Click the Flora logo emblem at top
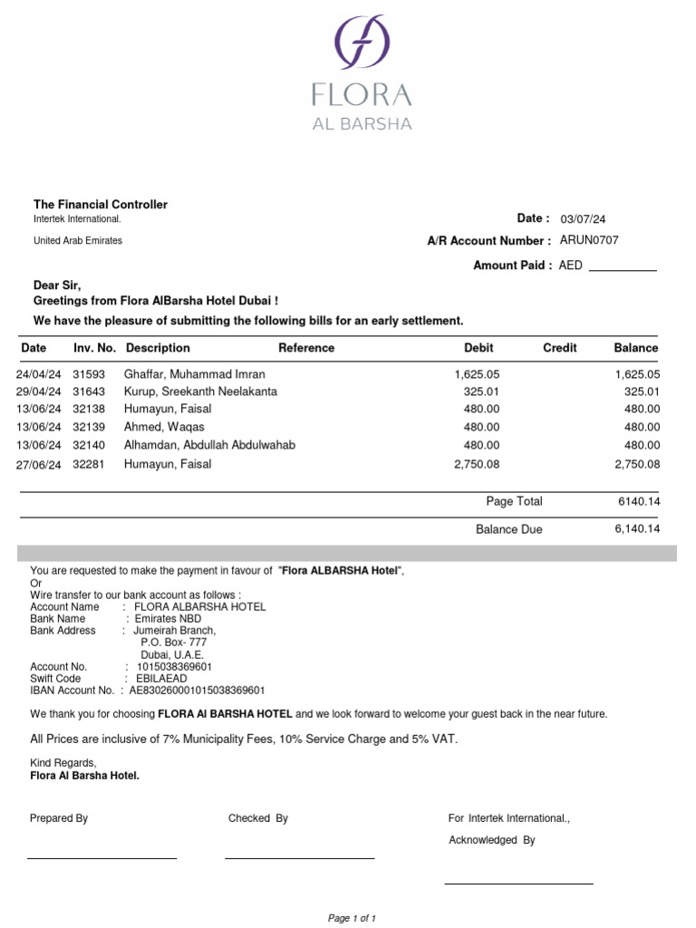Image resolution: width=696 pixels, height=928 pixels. point(362,43)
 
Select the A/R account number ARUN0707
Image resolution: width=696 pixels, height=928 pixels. point(590,240)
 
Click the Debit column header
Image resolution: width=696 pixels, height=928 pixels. point(478,348)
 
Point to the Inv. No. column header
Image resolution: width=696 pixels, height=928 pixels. point(94,348)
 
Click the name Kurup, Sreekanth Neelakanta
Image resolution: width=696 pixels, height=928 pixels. point(200,391)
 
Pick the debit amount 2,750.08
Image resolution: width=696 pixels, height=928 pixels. point(477,464)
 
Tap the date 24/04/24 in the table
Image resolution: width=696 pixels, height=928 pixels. point(39,374)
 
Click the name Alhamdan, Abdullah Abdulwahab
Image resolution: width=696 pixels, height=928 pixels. point(209,445)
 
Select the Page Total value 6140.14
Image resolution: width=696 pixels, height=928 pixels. point(638,502)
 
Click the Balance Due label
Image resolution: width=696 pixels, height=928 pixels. point(509,529)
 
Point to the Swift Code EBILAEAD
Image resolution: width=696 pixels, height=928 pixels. point(161,679)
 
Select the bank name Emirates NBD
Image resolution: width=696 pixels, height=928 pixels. point(168,619)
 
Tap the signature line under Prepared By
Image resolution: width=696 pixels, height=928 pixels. point(101,856)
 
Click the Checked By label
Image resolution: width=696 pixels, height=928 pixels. point(258,818)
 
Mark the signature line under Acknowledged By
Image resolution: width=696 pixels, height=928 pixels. point(518,882)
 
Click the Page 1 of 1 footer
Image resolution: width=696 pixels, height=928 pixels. point(352,918)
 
